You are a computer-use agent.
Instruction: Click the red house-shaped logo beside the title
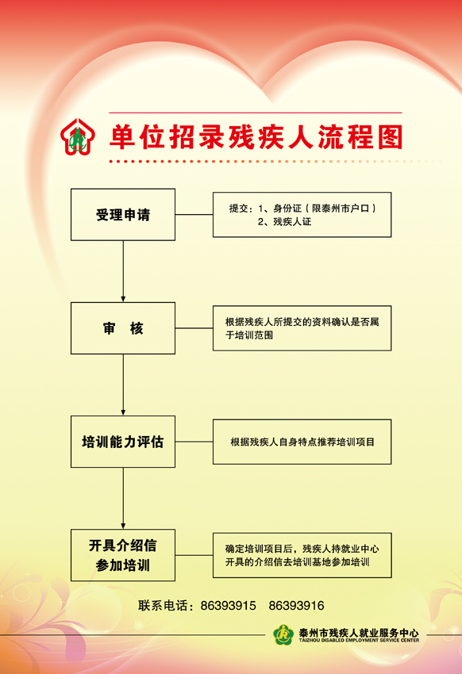78,136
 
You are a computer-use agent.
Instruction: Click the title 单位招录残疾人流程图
256,137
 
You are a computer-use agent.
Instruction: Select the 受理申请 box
123,215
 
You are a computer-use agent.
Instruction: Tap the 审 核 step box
123,328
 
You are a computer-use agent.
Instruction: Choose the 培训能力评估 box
123,442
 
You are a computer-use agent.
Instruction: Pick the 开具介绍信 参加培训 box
123,555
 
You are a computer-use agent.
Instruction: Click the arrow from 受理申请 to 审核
123,271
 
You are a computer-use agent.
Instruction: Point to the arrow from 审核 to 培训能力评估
123,385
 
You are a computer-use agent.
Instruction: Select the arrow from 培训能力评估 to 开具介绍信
123,498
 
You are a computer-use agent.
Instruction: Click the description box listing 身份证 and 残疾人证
302,215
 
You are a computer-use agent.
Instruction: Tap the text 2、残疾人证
284,222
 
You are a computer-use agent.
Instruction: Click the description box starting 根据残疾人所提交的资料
302,328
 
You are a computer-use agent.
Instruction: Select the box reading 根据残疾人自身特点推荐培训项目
302,442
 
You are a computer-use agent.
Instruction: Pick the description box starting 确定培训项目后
302,555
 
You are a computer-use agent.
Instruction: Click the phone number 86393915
228,606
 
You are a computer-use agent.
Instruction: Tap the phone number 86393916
296,606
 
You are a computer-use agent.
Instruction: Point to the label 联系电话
163,606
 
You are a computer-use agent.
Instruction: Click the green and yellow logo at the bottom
283,635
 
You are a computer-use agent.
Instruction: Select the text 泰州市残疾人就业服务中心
359,633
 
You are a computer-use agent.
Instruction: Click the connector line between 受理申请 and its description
194,215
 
